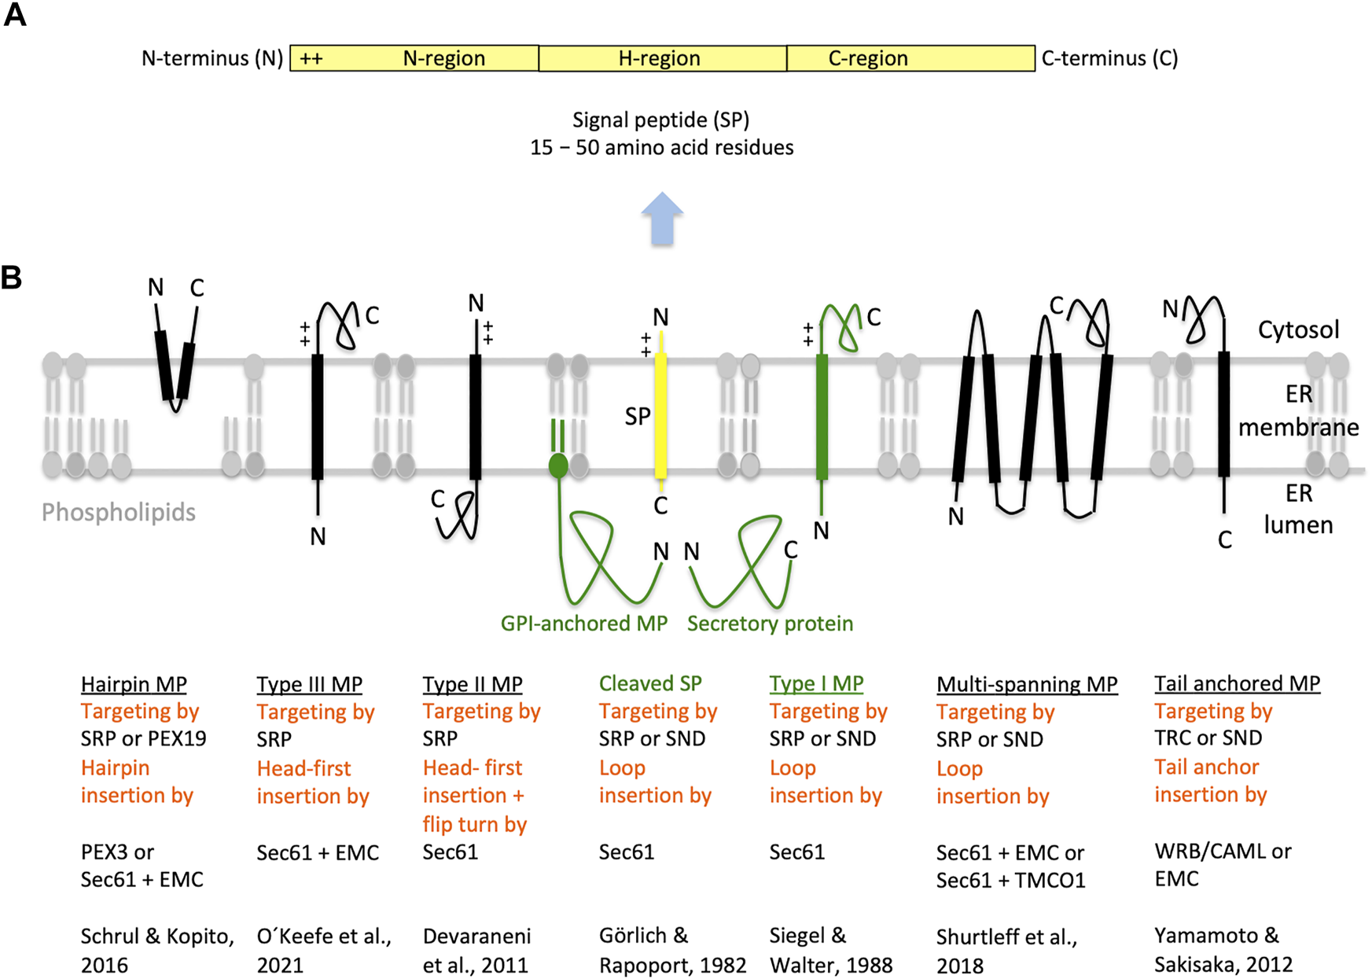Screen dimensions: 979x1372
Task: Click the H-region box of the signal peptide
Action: point(662,58)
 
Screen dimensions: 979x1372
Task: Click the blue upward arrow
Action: point(662,219)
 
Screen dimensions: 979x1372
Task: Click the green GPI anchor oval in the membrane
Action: point(558,466)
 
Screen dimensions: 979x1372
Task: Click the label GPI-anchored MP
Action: point(583,624)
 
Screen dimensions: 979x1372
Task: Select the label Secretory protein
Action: point(770,624)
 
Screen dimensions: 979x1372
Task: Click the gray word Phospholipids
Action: point(119,513)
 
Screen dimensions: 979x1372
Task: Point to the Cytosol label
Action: point(1298,329)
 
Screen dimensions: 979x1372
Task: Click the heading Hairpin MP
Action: point(134,684)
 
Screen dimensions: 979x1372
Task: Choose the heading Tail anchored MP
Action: point(1237,683)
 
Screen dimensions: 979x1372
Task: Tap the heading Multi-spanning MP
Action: point(1027,684)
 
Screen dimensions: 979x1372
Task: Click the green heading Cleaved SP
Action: point(650,683)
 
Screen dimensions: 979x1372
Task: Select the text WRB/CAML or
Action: point(1223,851)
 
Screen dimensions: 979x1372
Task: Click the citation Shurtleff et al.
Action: point(1006,937)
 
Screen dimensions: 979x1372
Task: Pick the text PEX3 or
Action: point(117,852)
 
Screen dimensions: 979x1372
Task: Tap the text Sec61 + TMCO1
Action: point(1010,880)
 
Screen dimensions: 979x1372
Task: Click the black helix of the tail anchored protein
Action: point(1223,414)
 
